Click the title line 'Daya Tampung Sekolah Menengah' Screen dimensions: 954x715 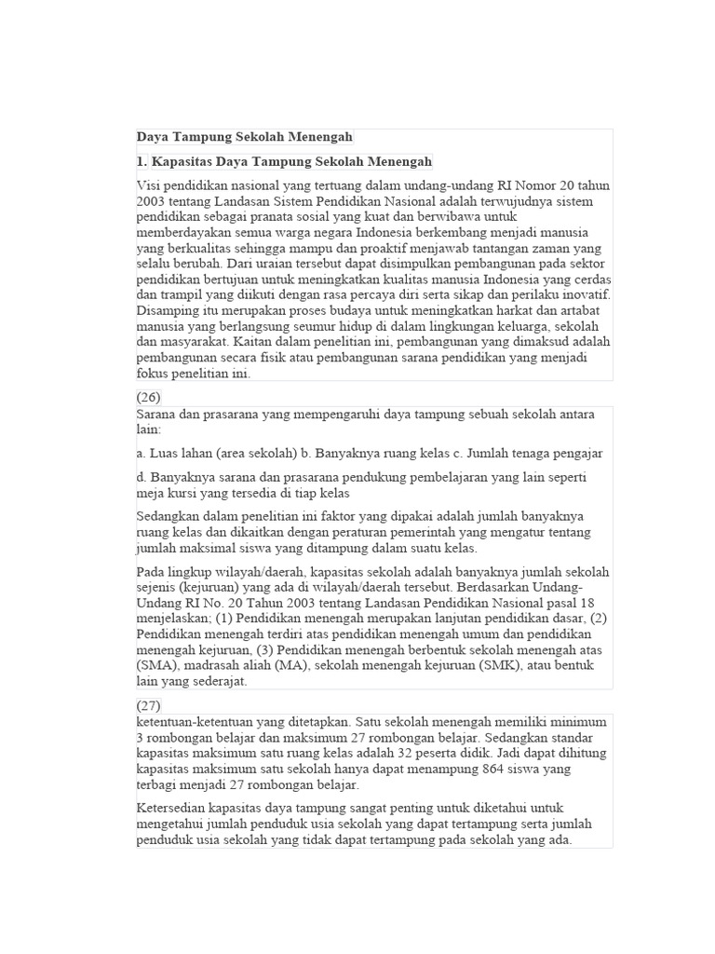pos(245,137)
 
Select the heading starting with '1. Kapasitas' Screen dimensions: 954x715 pos(284,161)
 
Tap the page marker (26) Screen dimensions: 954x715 pos(148,396)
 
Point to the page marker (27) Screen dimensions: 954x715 pos(148,704)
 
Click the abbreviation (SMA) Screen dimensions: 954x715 pos(158,666)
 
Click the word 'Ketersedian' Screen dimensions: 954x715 pos(173,808)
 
